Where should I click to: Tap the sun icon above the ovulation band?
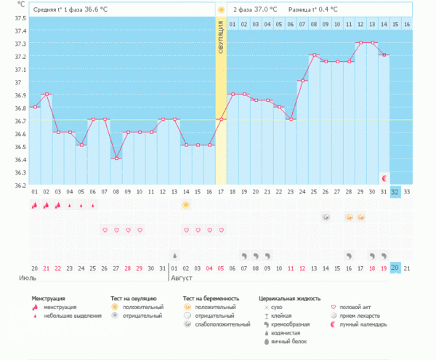[x=221, y=9]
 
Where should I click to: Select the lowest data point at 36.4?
[x=116, y=159]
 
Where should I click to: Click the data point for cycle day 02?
[x=47, y=94]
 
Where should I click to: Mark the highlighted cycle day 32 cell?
[x=395, y=191]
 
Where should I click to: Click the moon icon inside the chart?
[x=384, y=177]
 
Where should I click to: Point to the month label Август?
[x=182, y=278]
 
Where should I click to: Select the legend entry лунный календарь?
[x=364, y=324]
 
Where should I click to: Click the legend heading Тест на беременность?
[x=210, y=298]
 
